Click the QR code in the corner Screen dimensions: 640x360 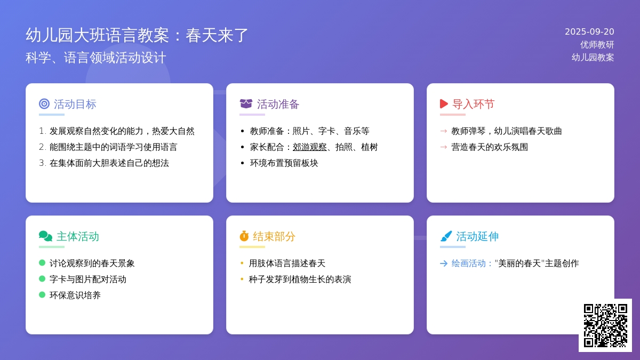click(x=605, y=325)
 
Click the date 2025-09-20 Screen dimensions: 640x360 click(x=589, y=31)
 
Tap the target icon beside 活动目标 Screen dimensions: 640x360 click(x=44, y=103)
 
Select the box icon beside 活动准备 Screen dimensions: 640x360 click(x=246, y=103)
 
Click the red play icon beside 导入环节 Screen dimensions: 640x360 click(x=444, y=103)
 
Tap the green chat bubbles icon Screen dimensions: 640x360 click(x=45, y=236)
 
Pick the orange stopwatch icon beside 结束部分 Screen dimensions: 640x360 click(x=244, y=236)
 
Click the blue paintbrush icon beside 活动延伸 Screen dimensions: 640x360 click(x=446, y=236)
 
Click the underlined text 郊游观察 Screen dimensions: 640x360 click(x=309, y=147)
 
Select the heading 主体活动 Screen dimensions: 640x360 click(x=77, y=236)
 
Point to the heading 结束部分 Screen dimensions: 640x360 click(x=274, y=236)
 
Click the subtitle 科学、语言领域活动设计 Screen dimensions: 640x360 click(x=95, y=58)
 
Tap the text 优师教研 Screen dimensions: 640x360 click(x=597, y=45)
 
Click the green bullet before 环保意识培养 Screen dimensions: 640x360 click(x=42, y=294)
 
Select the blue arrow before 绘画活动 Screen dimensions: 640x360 click(x=444, y=263)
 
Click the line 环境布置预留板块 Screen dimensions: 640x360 click(x=284, y=163)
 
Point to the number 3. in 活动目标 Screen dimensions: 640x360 click(x=43, y=163)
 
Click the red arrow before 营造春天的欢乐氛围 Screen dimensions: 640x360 click(x=444, y=147)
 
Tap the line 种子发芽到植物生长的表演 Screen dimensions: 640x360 click(x=300, y=279)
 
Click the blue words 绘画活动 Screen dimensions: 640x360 click(x=468, y=263)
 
